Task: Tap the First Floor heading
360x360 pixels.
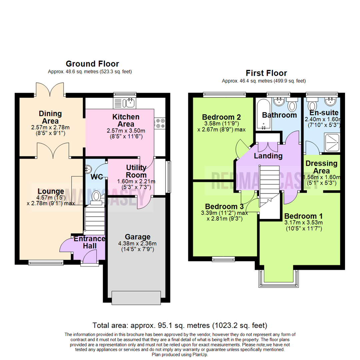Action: click(x=266, y=73)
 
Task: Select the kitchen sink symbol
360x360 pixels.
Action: click(x=128, y=103)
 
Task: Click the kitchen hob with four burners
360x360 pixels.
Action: click(x=158, y=123)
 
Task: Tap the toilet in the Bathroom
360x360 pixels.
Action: click(x=292, y=106)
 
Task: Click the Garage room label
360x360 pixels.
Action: click(x=138, y=237)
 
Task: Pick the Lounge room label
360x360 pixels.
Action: click(x=51, y=191)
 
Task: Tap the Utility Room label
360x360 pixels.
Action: click(x=137, y=171)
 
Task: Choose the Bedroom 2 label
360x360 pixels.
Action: click(x=221, y=117)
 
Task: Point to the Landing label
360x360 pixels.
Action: click(x=268, y=156)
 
